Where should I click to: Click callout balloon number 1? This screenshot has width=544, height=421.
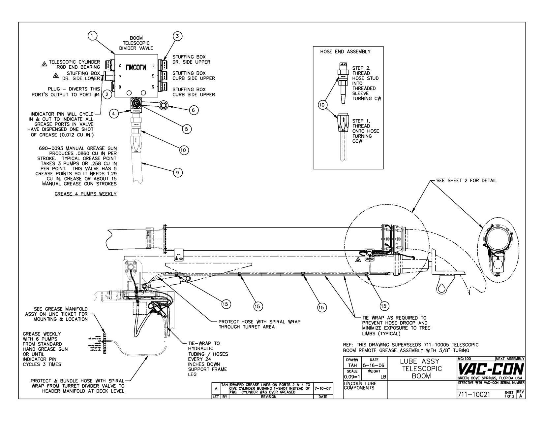[x=93, y=36]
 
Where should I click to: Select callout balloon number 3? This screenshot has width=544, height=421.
[x=177, y=36]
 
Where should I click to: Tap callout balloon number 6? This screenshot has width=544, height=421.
[x=193, y=110]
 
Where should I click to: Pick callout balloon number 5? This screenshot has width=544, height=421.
[x=187, y=129]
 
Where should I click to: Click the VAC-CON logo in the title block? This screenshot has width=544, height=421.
[x=490, y=368]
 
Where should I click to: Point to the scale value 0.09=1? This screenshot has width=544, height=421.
[x=352, y=376]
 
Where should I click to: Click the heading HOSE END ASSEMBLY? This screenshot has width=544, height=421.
[x=345, y=52]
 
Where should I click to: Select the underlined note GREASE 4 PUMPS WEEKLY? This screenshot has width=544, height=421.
[x=86, y=194]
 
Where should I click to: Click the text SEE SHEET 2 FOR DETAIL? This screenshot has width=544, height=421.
[x=466, y=181]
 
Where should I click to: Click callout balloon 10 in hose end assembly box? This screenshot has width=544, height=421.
[x=322, y=105]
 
